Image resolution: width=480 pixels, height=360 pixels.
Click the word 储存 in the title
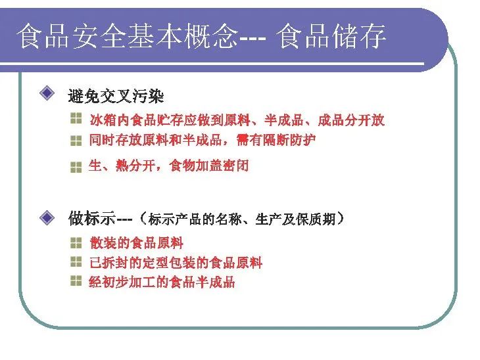(x=359, y=36)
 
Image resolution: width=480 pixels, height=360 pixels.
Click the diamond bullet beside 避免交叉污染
(x=47, y=93)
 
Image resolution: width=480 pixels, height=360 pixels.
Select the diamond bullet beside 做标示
(x=47, y=217)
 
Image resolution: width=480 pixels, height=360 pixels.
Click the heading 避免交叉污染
(x=116, y=97)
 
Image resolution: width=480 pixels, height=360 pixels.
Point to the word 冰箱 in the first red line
(x=103, y=120)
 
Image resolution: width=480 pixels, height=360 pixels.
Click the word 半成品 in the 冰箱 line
(x=284, y=120)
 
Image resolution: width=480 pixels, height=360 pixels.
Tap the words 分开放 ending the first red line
(x=364, y=120)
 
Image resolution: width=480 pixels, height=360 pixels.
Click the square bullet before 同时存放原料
(x=76, y=141)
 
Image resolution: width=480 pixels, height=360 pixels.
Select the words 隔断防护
(x=289, y=140)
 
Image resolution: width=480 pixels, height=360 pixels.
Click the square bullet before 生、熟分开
(x=76, y=168)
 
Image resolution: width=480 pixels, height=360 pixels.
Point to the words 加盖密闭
(x=222, y=166)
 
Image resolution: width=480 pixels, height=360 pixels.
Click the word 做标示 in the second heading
(x=92, y=218)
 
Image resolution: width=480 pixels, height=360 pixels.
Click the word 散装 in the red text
(x=103, y=243)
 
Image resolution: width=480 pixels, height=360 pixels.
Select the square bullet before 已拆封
(x=76, y=261)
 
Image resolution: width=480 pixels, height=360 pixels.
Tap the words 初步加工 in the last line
(x=129, y=282)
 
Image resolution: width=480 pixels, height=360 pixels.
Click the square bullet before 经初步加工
(x=76, y=281)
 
